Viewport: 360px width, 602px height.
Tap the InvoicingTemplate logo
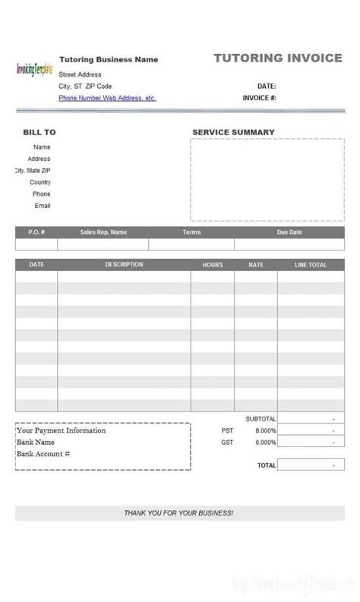point(34,69)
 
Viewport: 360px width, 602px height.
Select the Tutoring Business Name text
point(109,59)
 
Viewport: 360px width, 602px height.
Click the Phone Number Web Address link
point(107,98)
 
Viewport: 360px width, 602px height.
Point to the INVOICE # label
point(259,98)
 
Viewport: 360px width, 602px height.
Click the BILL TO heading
point(39,132)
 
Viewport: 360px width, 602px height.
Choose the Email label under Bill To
point(42,206)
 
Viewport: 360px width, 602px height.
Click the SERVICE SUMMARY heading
point(233,132)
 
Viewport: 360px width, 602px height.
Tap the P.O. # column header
point(36,232)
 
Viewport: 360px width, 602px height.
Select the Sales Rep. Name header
point(103,232)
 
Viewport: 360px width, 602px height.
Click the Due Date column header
point(289,232)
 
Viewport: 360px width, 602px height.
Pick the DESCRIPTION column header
point(124,265)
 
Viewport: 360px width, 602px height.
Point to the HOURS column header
point(213,265)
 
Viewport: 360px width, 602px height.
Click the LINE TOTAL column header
point(311,265)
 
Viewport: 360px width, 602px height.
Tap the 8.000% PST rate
point(265,430)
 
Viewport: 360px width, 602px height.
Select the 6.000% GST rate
point(265,442)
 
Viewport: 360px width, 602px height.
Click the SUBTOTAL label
point(261,418)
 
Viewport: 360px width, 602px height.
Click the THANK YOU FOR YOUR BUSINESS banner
point(178,513)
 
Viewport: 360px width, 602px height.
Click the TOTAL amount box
point(311,465)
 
